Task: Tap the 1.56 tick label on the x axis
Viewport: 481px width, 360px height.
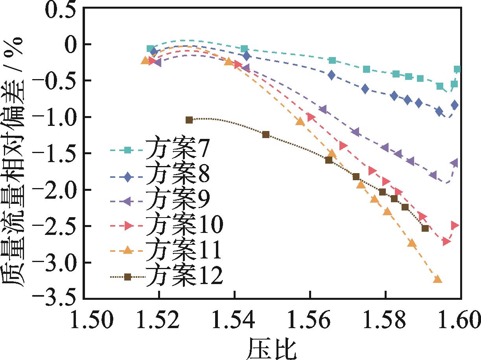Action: coord(310,319)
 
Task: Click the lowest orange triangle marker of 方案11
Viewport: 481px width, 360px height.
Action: coord(437,279)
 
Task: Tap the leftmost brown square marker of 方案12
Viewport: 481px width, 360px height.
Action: coord(189,120)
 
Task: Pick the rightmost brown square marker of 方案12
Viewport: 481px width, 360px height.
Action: coord(425,228)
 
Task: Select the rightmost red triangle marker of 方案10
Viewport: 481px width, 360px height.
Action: coord(455,225)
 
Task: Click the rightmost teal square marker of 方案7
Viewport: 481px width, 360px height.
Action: coord(457,69)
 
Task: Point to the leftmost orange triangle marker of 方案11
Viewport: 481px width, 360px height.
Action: coord(145,61)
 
